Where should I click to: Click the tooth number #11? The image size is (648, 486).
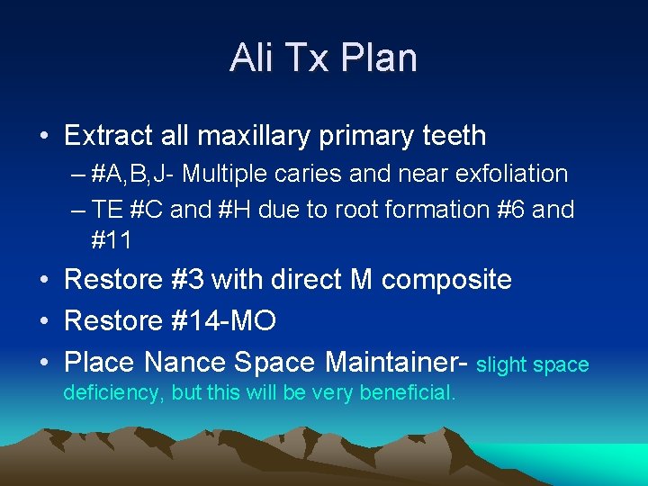[x=112, y=240]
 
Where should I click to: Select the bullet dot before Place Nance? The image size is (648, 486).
[x=43, y=363]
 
